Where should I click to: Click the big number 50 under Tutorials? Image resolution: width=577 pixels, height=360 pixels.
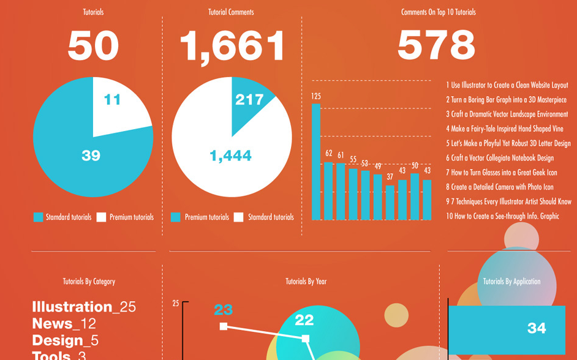point(93,46)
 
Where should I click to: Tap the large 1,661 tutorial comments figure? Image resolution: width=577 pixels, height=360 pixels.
point(232,46)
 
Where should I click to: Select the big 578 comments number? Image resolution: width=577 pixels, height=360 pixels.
point(436,45)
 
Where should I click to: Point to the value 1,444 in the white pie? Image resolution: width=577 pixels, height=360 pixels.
point(230,156)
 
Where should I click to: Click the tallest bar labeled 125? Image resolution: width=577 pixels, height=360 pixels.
point(316,162)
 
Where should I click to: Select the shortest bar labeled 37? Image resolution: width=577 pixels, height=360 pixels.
point(390,203)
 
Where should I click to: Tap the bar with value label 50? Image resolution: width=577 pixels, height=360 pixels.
point(415,197)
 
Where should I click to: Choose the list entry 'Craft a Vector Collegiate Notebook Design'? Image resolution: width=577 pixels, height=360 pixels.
point(499,158)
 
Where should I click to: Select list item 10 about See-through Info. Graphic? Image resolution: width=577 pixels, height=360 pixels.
point(502,216)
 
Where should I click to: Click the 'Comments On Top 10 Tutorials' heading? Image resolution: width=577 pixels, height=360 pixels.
point(438,12)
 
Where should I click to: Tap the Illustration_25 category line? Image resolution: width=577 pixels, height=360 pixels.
point(84,307)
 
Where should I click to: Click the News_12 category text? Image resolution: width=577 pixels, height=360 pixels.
point(64,323)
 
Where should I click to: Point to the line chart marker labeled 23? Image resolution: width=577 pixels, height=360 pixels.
point(224,326)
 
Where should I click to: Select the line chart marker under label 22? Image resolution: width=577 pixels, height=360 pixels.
point(305,338)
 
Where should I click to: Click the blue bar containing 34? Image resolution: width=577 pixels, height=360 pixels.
point(507,329)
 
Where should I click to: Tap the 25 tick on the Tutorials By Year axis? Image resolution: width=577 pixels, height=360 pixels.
point(176,303)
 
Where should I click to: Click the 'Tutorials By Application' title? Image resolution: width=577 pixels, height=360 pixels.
point(511,282)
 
